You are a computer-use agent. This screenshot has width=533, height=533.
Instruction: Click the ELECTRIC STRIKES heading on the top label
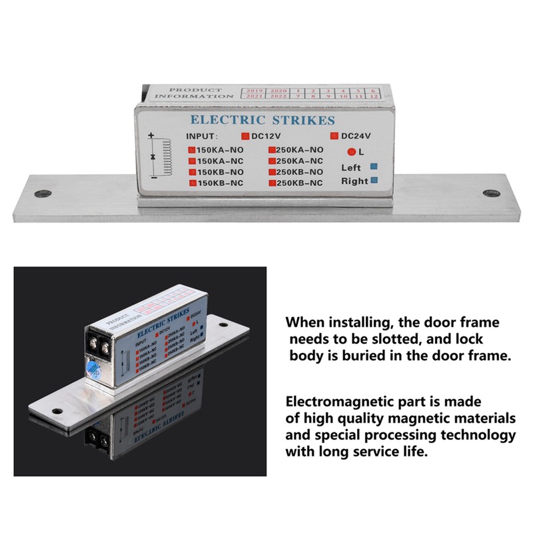(x=263, y=121)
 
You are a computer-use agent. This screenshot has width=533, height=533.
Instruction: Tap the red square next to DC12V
(x=245, y=137)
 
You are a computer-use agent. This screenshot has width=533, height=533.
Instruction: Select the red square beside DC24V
(x=334, y=137)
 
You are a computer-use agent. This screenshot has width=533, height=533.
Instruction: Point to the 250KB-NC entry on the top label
(x=299, y=182)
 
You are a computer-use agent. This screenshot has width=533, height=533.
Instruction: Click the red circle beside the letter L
(x=351, y=151)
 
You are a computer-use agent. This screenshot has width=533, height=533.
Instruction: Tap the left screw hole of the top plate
(x=44, y=194)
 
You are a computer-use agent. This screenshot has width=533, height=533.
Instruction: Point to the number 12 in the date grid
(x=374, y=97)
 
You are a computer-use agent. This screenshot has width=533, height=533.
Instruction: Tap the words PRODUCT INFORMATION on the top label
(x=194, y=93)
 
